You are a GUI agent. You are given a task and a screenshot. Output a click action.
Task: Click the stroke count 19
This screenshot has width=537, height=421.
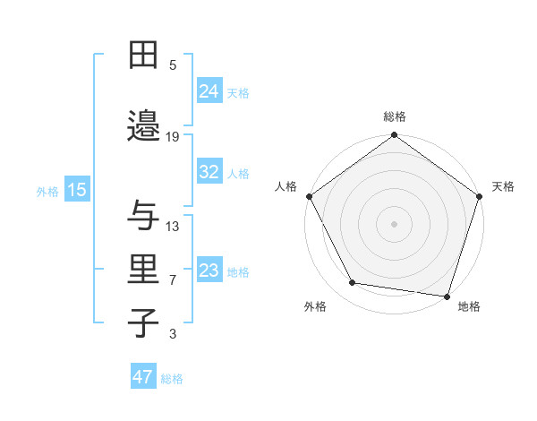tap(174, 137)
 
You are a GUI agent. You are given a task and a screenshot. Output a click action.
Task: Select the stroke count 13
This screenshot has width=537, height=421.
tap(174, 226)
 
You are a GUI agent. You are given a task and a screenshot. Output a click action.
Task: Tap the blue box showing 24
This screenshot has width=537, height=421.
tap(209, 90)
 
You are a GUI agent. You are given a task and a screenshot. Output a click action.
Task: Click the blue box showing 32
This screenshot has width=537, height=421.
tap(209, 172)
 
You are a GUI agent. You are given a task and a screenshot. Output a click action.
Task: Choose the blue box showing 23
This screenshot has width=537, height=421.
tap(209, 271)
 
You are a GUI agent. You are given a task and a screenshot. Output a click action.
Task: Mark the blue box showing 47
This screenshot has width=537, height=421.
tap(143, 377)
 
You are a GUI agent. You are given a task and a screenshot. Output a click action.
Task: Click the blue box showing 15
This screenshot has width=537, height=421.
tap(77, 190)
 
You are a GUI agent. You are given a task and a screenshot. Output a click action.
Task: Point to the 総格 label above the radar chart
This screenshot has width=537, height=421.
tap(395, 116)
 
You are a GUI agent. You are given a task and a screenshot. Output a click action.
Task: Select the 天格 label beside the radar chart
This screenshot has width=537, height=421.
tap(503, 186)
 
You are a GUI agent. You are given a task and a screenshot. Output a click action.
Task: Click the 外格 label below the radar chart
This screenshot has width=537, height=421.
tap(315, 306)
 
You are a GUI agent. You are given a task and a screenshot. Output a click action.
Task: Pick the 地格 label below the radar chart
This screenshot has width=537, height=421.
tap(469, 306)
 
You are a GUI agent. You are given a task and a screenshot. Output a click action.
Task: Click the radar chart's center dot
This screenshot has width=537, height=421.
tap(395, 223)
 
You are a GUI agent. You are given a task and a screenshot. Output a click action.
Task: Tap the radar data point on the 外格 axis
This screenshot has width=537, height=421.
tap(353, 283)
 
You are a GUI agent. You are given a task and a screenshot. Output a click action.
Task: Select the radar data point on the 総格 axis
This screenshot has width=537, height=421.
tap(395, 136)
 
